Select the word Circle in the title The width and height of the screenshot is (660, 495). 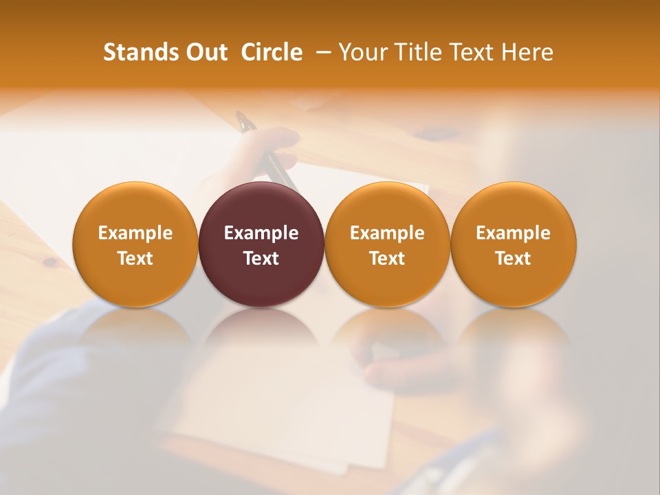click(x=272, y=52)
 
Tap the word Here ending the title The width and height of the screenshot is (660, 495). click(x=527, y=52)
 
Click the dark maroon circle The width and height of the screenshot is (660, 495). click(x=261, y=244)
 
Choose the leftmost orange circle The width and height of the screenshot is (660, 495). click(x=135, y=244)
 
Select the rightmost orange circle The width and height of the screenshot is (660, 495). click(x=513, y=244)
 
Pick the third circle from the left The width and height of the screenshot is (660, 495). click(x=387, y=244)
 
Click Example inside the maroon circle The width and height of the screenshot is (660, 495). click(x=261, y=233)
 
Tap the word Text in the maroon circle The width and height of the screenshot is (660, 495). click(x=261, y=258)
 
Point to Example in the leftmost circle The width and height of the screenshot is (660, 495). click(x=135, y=233)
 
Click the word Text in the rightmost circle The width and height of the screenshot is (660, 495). click(x=513, y=258)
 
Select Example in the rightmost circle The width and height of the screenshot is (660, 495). click(x=513, y=233)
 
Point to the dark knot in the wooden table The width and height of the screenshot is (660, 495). click(x=50, y=263)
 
